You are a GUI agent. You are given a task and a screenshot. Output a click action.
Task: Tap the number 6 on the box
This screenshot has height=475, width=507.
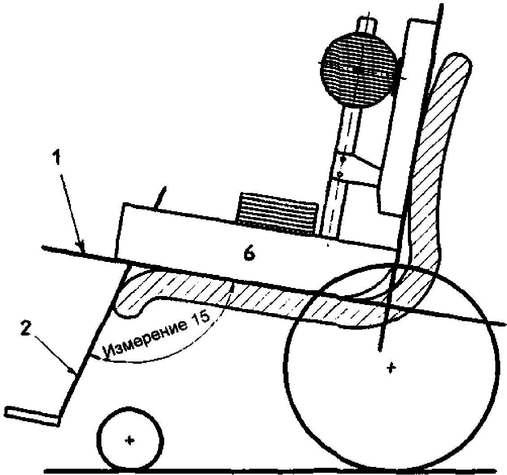(250, 254)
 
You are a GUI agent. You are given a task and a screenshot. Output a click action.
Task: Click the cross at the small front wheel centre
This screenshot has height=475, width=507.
(130, 440)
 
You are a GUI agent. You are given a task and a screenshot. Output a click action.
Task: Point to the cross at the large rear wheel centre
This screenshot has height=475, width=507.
(392, 368)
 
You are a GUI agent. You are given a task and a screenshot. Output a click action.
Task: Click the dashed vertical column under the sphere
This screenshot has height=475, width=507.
(341, 179)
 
